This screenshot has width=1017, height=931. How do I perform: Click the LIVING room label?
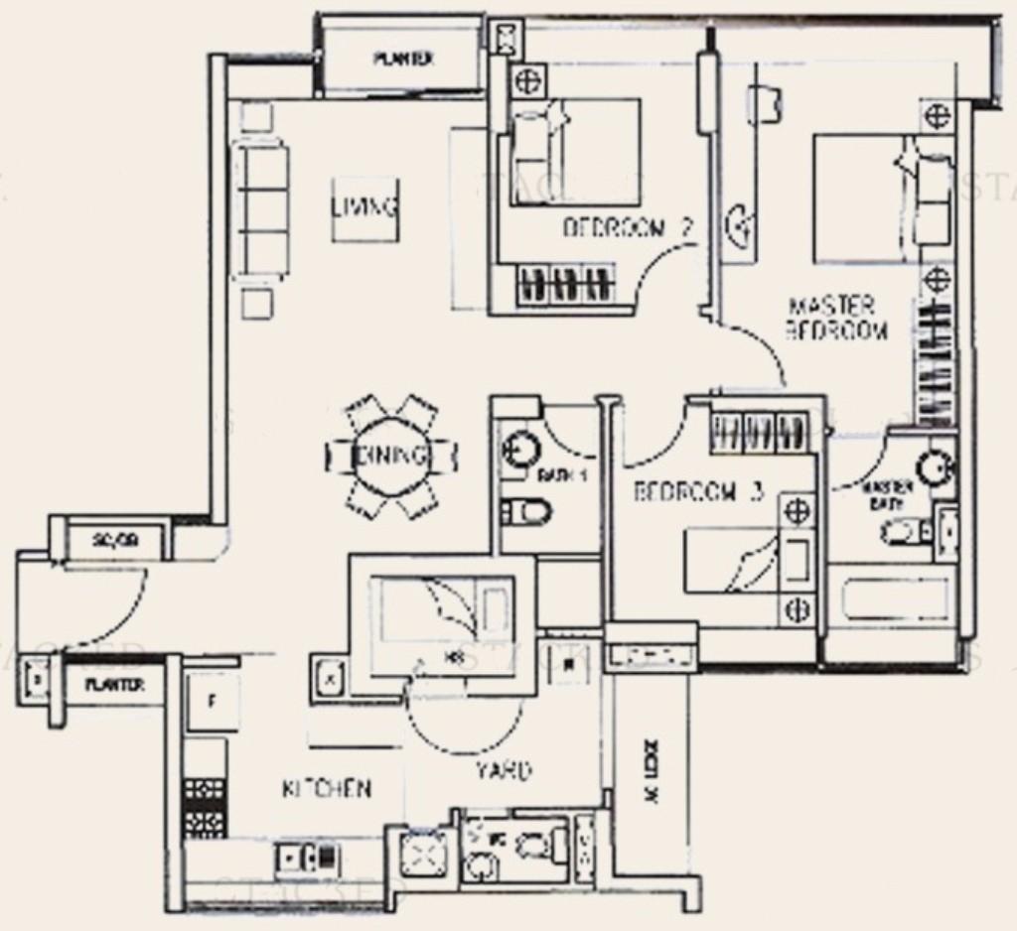point(364,208)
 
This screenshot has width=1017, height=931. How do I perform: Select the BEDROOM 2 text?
point(628,228)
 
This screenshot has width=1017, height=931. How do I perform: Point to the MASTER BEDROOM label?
point(836,319)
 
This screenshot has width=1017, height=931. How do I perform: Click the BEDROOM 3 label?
point(698,491)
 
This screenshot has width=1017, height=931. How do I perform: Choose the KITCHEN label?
point(327,789)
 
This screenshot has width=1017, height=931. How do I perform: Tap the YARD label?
point(502,770)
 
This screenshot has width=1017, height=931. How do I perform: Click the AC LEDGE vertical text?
point(656,773)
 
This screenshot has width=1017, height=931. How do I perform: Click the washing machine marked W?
point(568,664)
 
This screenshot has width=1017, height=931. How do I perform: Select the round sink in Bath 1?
point(518,450)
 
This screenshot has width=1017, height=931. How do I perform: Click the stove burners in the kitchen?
point(205,807)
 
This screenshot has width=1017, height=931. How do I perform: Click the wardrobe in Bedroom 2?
point(563,285)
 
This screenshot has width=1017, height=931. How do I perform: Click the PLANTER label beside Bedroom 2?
point(402,59)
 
